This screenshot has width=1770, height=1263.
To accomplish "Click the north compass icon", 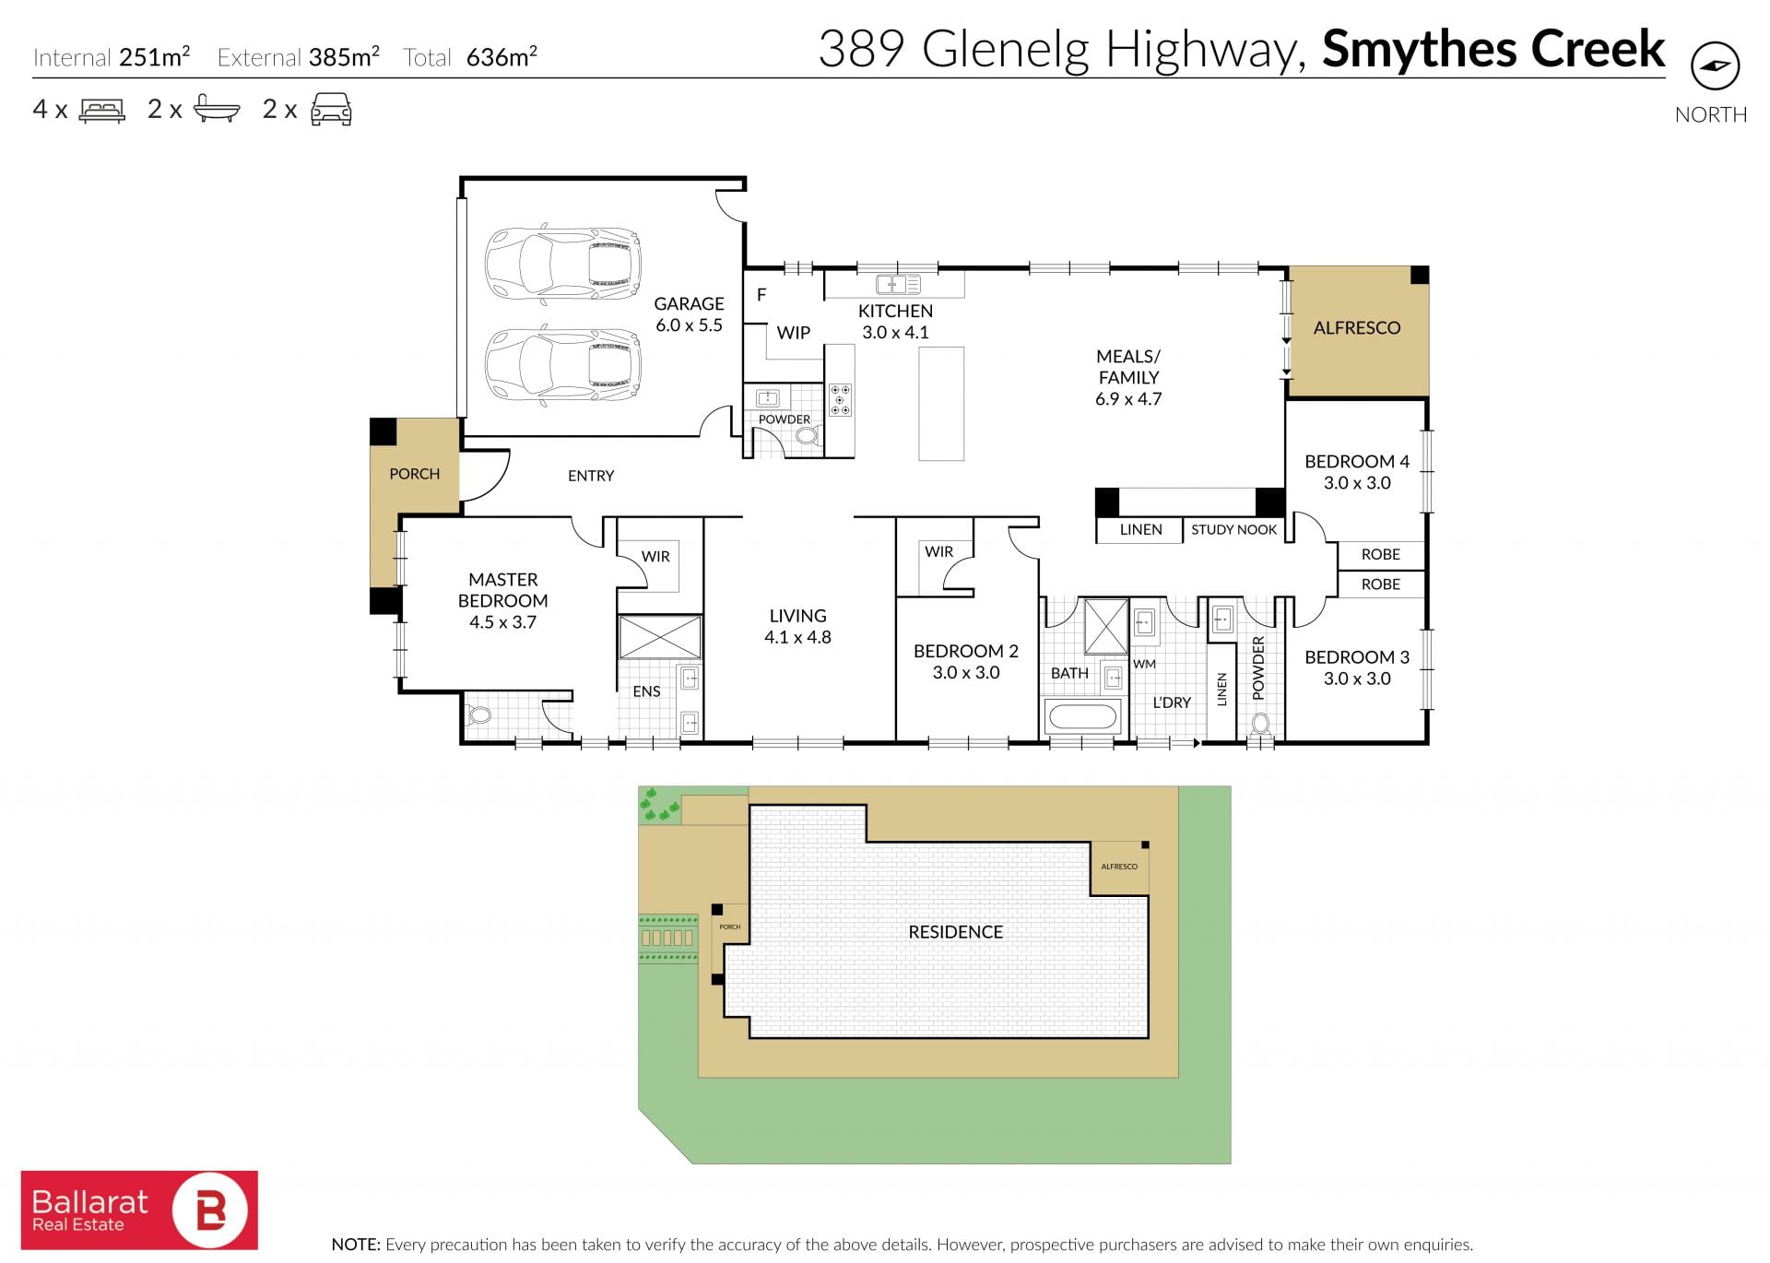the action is pos(1715,66).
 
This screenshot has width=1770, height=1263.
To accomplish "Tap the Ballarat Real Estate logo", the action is pos(139,1210).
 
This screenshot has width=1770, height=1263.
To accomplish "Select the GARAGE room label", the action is pos(689,303).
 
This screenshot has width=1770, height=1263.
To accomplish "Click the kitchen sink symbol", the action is pos(897,284).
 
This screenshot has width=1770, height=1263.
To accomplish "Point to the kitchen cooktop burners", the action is pos(840,400).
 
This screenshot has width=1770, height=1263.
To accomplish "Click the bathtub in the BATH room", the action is pos(1083,715).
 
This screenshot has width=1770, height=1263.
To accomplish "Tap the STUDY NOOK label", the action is pos(1233,529).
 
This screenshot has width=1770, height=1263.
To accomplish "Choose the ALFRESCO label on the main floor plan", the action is pos(1356,327).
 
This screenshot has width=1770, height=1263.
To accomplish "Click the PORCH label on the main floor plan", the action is pos(414,474).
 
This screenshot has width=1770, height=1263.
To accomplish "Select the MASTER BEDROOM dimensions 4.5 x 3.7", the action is pos(502,622).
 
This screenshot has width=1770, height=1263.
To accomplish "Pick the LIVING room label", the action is pos(797,616).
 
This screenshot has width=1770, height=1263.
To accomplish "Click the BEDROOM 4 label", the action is pos(1357,462).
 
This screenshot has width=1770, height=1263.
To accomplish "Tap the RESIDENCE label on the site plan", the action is pos(955,932).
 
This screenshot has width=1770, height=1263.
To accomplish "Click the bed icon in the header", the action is pos(102,110).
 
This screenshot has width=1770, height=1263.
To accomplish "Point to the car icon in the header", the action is pos(331,109).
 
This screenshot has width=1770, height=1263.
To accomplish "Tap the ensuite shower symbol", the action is pos(659,637).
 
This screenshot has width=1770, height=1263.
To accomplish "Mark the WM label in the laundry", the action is pos(1144,664).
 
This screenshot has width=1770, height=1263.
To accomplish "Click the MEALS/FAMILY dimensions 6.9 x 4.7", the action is pos(1128,399).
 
